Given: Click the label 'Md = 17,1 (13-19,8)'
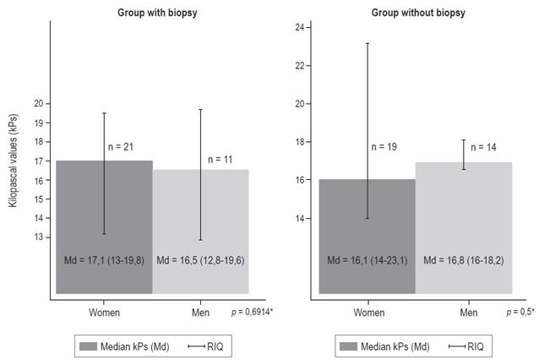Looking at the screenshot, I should [104, 258].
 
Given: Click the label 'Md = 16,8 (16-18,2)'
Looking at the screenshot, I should [464, 258].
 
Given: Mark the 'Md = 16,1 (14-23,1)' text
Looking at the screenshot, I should [367, 258].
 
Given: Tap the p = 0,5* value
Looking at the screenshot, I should [520, 313].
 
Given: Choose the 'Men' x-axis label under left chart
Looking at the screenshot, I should [200, 312].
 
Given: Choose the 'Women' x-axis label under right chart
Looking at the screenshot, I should [367, 312].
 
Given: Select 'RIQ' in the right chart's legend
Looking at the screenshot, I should [476, 346].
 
